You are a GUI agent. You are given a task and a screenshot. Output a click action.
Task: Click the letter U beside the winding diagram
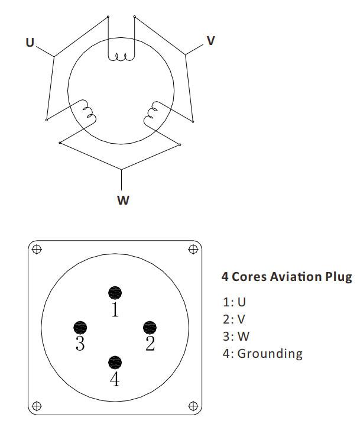[x=30, y=43]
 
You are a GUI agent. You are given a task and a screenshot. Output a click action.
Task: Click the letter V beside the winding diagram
[x=210, y=41]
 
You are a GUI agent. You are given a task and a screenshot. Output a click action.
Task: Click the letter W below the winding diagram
[x=122, y=200]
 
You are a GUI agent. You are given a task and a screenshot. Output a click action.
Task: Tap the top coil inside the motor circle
[x=121, y=57]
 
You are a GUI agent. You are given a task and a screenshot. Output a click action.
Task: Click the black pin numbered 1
[x=115, y=292]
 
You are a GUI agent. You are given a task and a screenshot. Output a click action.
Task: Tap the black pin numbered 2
[x=150, y=327]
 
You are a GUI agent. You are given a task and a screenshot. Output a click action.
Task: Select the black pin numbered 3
[x=80, y=327]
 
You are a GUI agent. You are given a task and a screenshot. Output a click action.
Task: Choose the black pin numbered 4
[x=115, y=362]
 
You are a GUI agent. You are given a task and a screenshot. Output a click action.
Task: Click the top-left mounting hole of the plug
[x=37, y=249]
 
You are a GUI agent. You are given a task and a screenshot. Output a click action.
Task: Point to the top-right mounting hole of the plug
[x=193, y=249]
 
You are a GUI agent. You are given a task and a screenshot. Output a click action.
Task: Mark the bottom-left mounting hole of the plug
[x=37, y=406]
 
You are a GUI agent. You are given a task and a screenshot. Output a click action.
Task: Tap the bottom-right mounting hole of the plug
[x=193, y=406]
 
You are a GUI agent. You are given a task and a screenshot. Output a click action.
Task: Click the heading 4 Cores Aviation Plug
[x=286, y=276]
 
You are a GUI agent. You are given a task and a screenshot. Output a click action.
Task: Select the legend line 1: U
[x=234, y=302]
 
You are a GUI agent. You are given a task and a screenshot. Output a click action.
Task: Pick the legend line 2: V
[x=234, y=319]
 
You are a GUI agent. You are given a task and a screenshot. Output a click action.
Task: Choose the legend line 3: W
[x=235, y=337]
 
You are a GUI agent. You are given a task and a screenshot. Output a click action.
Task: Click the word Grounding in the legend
[x=270, y=354]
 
